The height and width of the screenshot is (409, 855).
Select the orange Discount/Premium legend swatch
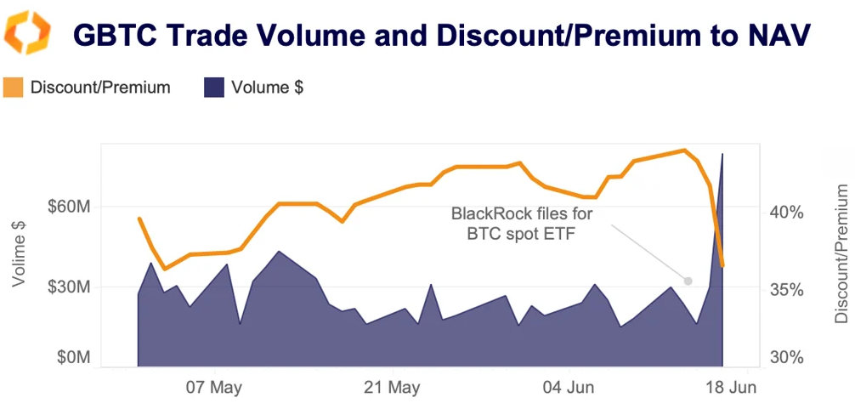13,87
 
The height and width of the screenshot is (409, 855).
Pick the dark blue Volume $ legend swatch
214,87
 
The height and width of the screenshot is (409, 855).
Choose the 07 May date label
214,389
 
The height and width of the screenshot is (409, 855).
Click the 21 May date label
391,389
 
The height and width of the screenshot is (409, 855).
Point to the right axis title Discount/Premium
841,252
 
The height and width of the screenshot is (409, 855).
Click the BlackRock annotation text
521,224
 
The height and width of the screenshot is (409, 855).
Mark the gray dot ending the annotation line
688,281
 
